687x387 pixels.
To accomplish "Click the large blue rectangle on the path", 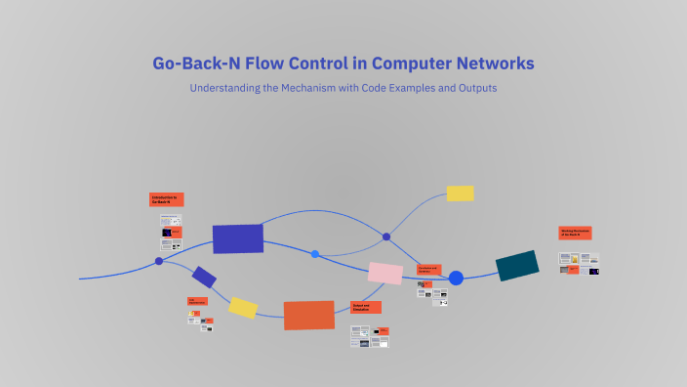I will pyautogui.click(x=238, y=238).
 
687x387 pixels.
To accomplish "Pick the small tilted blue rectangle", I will pyautogui.click(x=204, y=277).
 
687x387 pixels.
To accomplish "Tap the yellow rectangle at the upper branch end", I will pyautogui.click(x=460, y=193).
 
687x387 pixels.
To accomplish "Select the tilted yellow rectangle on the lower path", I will pyautogui.click(x=243, y=308).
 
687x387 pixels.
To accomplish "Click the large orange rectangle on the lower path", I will pyautogui.click(x=309, y=315).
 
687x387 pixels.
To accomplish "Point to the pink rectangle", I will pyautogui.click(x=385, y=273).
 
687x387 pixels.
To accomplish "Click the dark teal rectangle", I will pyautogui.click(x=517, y=265).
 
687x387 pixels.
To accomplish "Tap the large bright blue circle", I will pyautogui.click(x=456, y=278).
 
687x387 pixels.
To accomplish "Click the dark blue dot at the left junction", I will pyautogui.click(x=159, y=261).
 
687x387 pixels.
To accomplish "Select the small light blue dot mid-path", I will pyautogui.click(x=315, y=254).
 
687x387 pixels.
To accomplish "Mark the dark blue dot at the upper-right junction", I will pyautogui.click(x=386, y=236).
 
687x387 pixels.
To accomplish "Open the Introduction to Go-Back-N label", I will pyautogui.click(x=166, y=199).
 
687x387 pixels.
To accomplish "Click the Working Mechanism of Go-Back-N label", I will pyautogui.click(x=576, y=234).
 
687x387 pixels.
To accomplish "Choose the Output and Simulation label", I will pyautogui.click(x=366, y=307).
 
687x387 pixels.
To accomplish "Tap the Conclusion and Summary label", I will pyautogui.click(x=428, y=269).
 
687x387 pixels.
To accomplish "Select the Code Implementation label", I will pyautogui.click(x=198, y=301).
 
